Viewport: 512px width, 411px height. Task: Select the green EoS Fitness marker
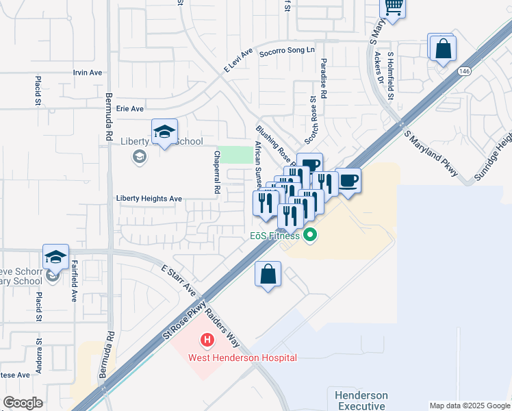tap(311, 236)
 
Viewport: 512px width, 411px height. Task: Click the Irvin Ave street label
tap(88, 73)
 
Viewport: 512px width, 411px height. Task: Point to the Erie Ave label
tap(130, 108)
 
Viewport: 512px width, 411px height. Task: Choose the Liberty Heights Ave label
tap(149, 199)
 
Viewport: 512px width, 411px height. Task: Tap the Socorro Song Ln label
tap(286, 51)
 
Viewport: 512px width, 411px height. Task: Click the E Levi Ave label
tap(238, 60)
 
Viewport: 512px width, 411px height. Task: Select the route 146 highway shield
tap(465, 71)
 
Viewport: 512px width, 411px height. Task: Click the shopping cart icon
tap(393, 7)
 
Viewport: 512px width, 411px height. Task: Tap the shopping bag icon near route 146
tap(444, 49)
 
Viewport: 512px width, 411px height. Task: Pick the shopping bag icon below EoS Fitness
tap(268, 274)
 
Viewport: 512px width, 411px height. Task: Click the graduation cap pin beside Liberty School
tap(164, 132)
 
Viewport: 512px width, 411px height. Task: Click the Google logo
tap(23, 403)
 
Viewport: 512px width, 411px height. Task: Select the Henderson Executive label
tap(361, 401)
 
